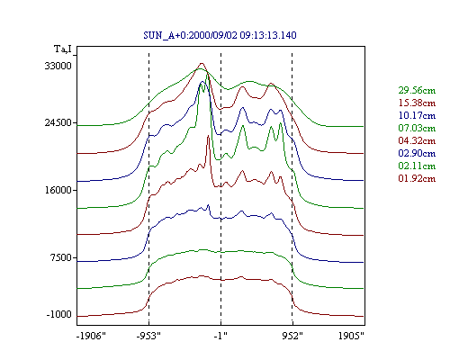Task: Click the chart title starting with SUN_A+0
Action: (x=220, y=35)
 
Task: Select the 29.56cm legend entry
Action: (x=417, y=90)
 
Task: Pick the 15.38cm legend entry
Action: (x=417, y=103)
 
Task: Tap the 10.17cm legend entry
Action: (x=417, y=115)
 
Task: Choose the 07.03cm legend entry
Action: (x=417, y=128)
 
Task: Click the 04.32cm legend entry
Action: (x=417, y=140)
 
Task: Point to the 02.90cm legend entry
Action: (x=417, y=153)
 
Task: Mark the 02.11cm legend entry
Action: (x=417, y=166)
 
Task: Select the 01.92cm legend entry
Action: (x=417, y=178)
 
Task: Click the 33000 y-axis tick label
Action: (x=58, y=66)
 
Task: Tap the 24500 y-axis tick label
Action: (x=58, y=122)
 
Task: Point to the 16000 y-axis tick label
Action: (x=58, y=190)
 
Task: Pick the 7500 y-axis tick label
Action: (x=60, y=257)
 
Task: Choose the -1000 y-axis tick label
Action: (x=58, y=314)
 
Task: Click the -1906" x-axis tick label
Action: (x=91, y=336)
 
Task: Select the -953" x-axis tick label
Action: (x=148, y=336)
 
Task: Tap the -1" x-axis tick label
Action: (x=220, y=336)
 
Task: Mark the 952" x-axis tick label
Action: (x=292, y=336)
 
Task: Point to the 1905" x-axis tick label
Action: (x=351, y=336)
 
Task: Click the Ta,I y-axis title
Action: (x=63, y=49)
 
